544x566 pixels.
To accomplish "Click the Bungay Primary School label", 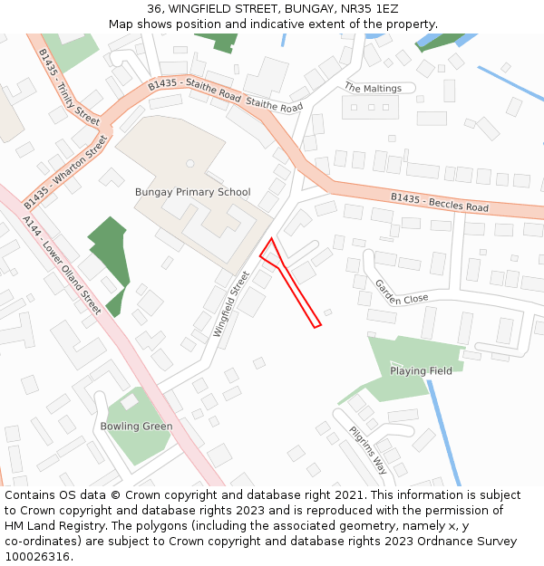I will (x=192, y=192).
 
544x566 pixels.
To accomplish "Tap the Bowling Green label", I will (x=136, y=427).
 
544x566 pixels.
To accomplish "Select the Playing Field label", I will (x=421, y=371).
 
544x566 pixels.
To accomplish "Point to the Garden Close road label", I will (x=401, y=292).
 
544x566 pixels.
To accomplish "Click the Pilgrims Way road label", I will (x=368, y=450).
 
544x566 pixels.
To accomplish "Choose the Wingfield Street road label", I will (x=230, y=304).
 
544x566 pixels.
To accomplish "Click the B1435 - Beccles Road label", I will (x=439, y=202).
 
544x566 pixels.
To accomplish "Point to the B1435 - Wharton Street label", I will (x=65, y=171).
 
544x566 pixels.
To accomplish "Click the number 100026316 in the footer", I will (x=37, y=557).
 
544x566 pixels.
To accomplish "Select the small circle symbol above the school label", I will (x=189, y=164).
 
